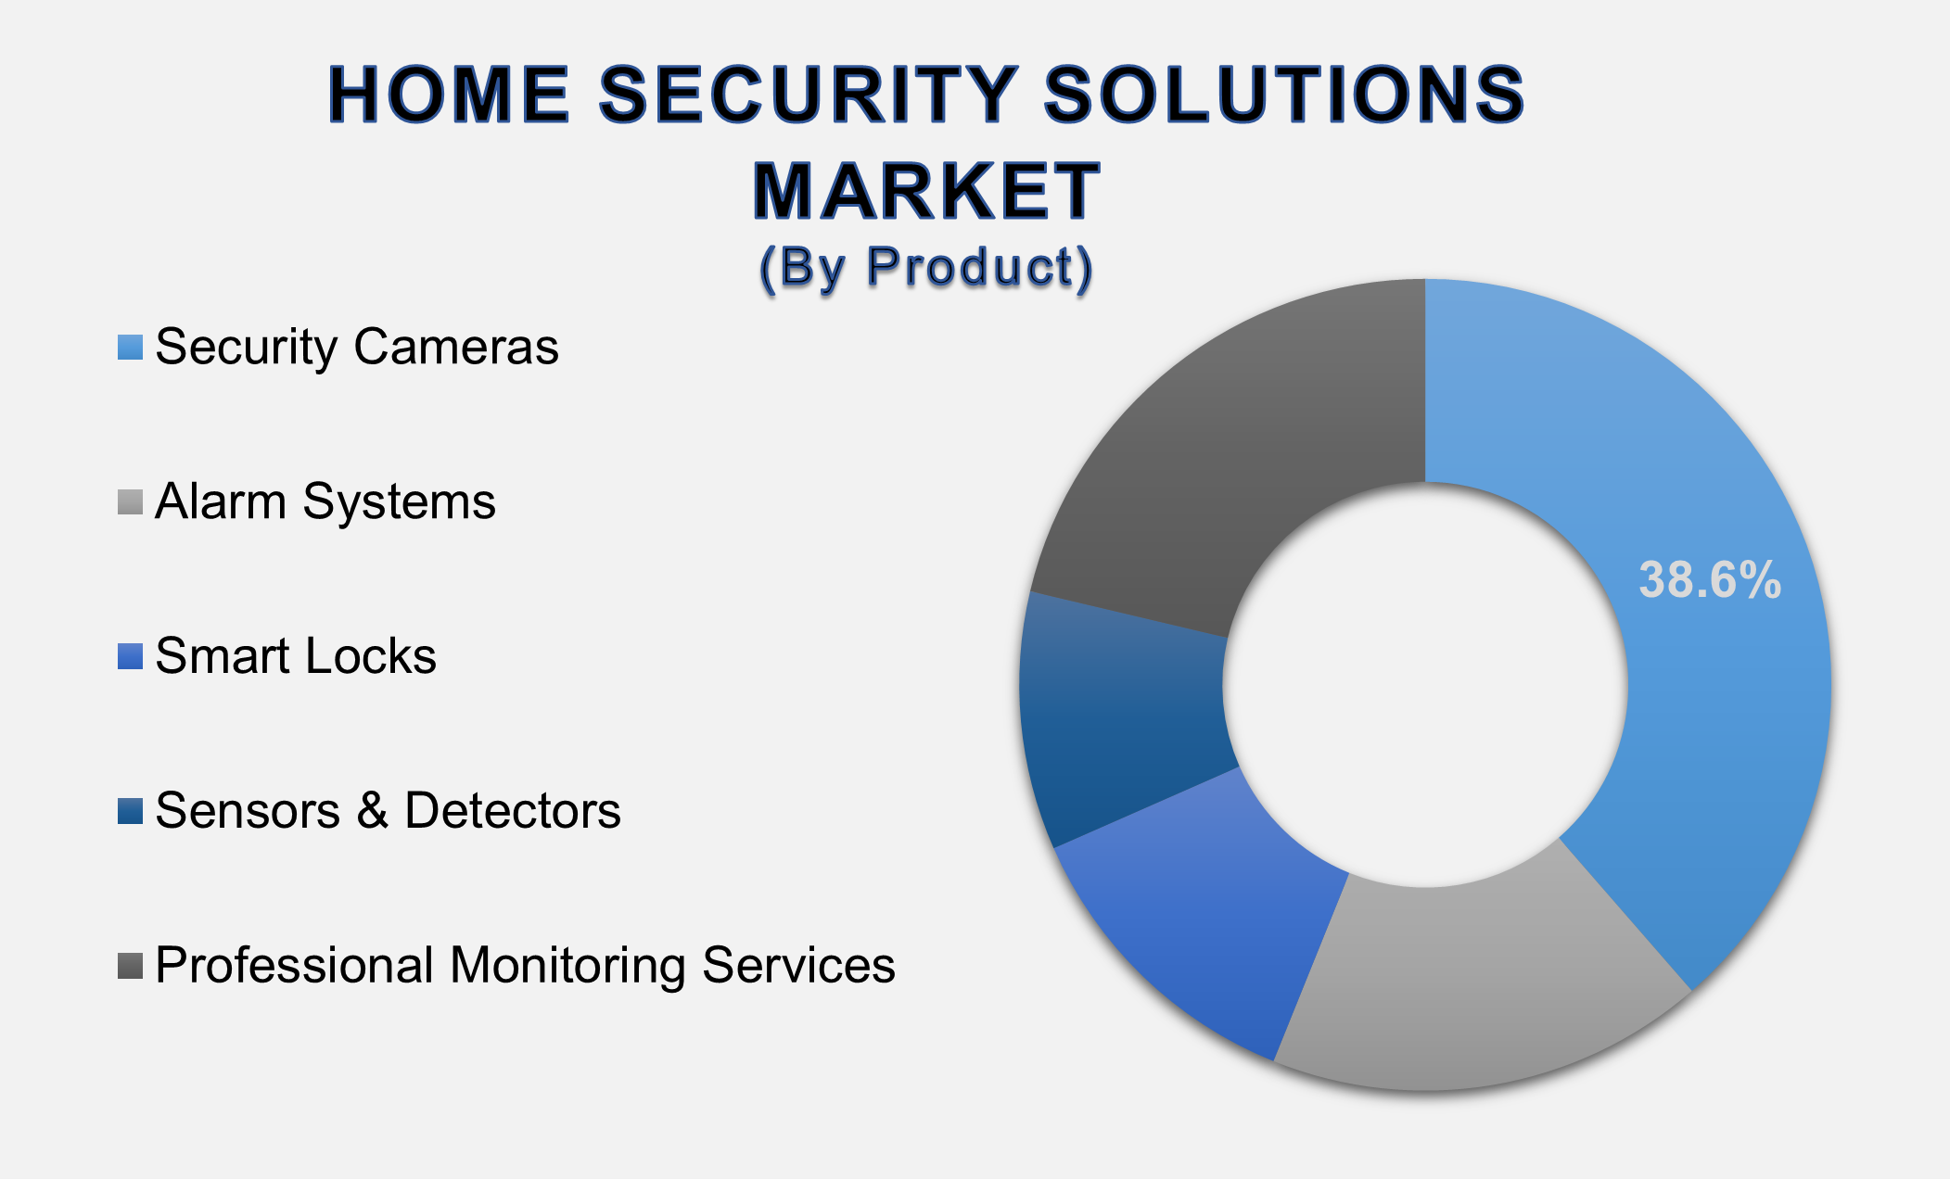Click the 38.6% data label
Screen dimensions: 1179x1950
click(x=1710, y=580)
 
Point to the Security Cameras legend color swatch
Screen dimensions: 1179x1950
click(x=130, y=348)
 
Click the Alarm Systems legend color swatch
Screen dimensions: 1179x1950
click(x=130, y=502)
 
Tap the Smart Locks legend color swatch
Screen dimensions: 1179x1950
click(x=130, y=656)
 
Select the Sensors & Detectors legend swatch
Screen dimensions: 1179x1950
click(x=130, y=811)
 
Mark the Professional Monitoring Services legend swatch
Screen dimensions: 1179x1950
click(x=130, y=966)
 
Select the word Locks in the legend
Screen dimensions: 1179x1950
click(x=371, y=656)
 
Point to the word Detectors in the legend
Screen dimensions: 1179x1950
click(x=512, y=811)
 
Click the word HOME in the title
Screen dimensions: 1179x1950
click(x=449, y=95)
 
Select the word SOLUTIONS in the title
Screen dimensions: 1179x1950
click(x=1285, y=95)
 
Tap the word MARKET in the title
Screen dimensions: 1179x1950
click(x=926, y=192)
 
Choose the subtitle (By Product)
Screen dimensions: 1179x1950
click(x=926, y=268)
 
